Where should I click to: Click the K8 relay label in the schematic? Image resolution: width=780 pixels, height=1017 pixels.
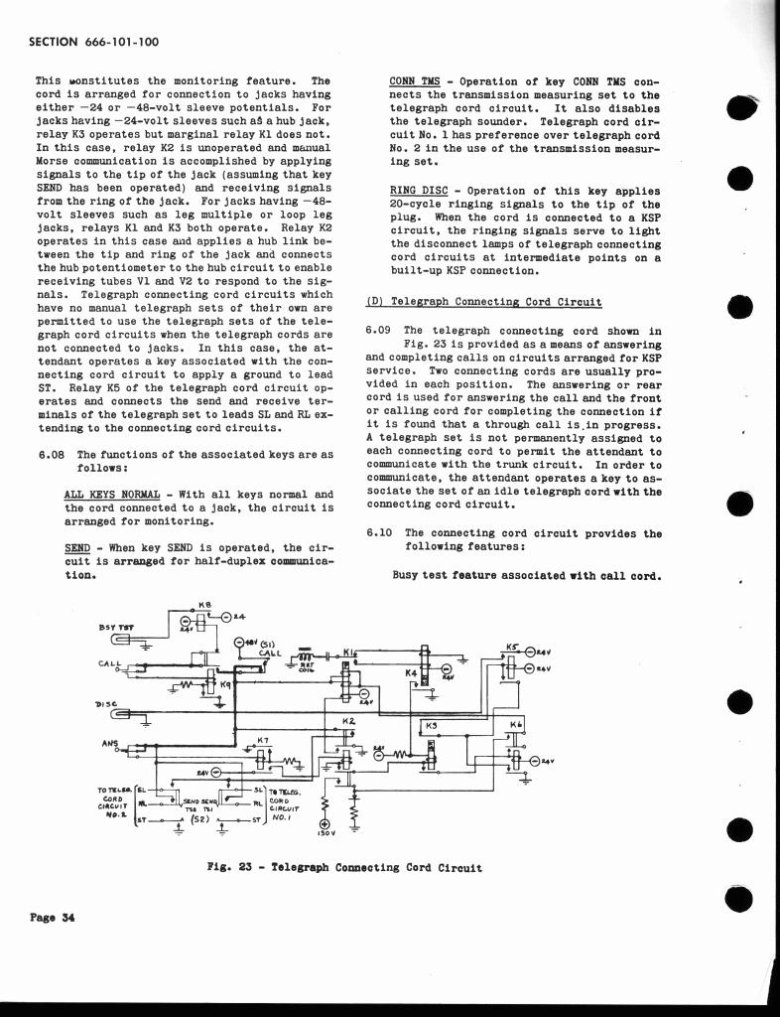point(205,605)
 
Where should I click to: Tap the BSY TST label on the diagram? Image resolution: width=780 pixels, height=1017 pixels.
point(116,627)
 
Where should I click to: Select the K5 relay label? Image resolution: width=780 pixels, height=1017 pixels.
point(512,646)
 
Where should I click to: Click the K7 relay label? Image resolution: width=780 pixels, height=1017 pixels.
point(263,740)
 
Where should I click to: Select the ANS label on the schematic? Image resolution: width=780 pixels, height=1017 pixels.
point(110,742)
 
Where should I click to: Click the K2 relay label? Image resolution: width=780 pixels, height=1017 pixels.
point(348,721)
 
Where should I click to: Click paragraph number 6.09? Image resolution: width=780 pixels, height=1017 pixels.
point(380,332)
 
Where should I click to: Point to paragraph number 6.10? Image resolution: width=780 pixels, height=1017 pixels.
point(380,533)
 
